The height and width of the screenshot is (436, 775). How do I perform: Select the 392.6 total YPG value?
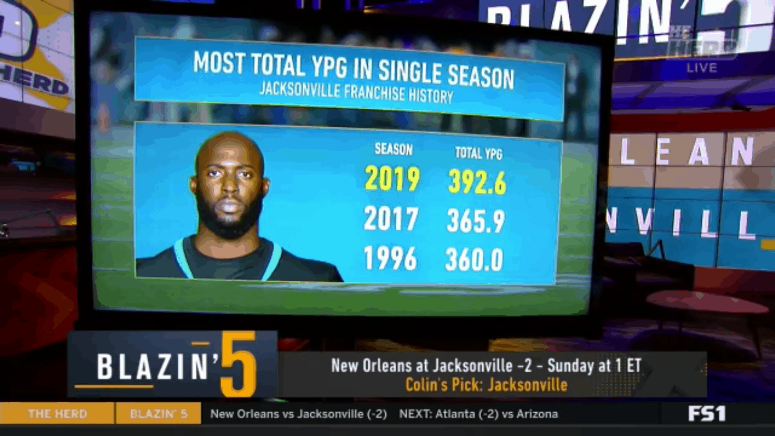[476, 183]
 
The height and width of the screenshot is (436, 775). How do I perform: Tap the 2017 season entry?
[391, 219]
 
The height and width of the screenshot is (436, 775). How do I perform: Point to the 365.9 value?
[475, 221]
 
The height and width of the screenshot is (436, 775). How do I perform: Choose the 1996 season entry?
[390, 258]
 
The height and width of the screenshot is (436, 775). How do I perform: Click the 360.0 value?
[474, 260]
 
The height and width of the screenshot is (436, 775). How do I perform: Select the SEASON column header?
[393, 149]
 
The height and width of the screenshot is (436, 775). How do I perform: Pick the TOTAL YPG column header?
[478, 153]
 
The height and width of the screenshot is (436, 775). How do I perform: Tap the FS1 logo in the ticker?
[707, 414]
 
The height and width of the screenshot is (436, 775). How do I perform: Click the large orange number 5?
[238, 365]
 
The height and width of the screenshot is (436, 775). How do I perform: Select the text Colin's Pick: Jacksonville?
[486, 384]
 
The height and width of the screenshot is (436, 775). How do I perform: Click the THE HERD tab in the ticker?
[57, 414]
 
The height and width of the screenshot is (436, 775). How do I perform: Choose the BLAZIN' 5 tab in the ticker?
[159, 414]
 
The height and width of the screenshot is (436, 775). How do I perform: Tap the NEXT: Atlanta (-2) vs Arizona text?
[478, 414]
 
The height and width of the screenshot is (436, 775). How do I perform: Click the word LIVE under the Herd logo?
[702, 67]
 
